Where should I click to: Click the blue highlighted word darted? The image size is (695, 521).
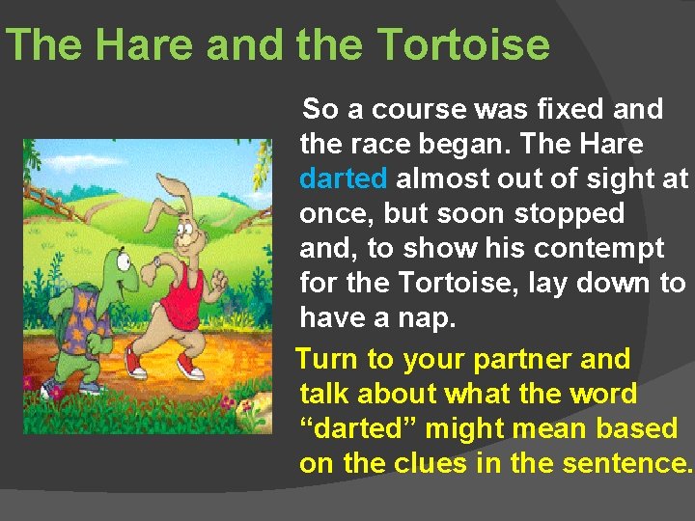point(344,179)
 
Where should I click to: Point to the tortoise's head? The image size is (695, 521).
point(118,264)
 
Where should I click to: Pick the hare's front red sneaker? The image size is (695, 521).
point(192,366)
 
